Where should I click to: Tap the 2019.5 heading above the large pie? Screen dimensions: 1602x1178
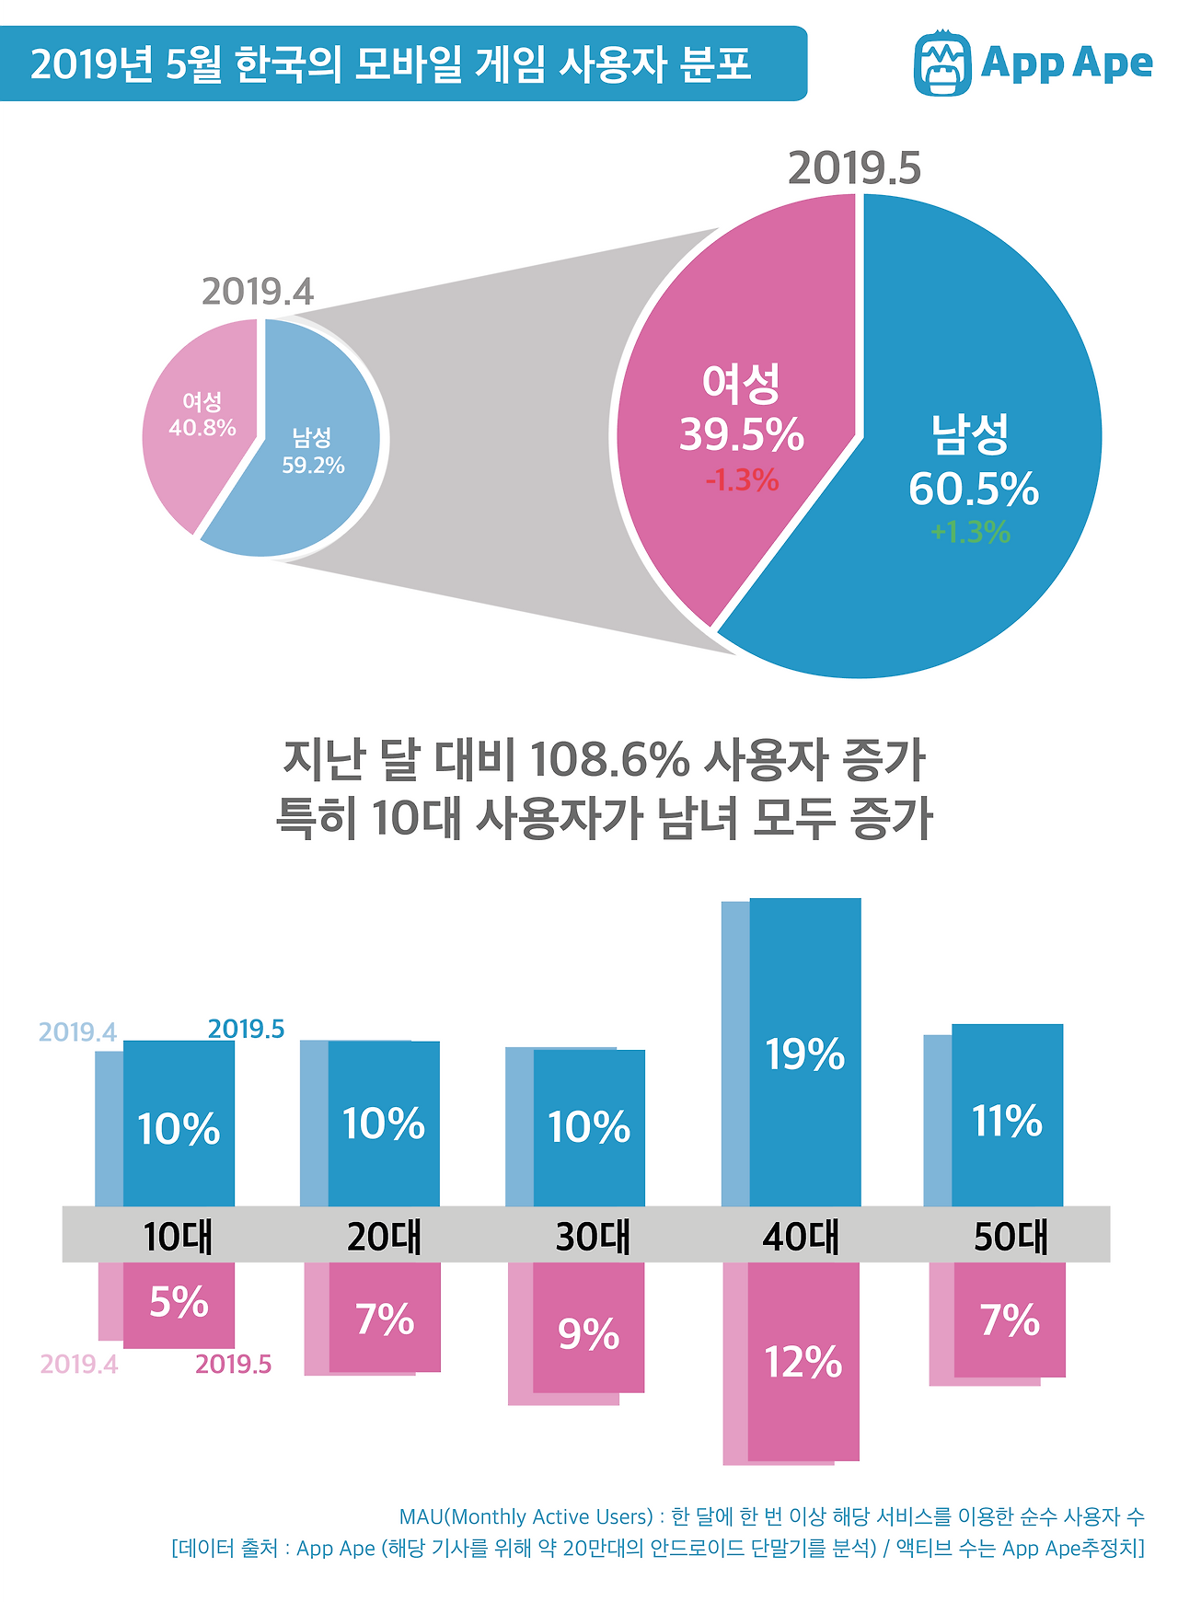coord(854,168)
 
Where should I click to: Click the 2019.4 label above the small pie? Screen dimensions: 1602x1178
coord(258,292)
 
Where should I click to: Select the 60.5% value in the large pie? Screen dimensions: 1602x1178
coord(973,489)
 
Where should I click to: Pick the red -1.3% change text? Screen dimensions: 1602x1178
coord(742,480)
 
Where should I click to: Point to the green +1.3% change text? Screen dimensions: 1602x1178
coord(970,532)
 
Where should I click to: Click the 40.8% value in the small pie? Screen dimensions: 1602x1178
coord(202,428)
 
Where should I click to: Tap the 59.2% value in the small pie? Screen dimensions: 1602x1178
coord(313,466)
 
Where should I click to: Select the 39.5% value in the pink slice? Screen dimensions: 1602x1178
coord(741,434)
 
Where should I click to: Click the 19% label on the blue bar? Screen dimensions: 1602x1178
coord(804,1055)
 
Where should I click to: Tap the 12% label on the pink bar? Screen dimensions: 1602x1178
coord(803,1362)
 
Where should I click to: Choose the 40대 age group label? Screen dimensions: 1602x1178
coord(801,1237)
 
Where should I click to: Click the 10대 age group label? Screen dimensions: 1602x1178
coord(178,1237)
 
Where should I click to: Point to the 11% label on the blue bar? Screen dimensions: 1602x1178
coord(1007,1121)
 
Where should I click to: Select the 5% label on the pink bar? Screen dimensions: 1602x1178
coord(179,1302)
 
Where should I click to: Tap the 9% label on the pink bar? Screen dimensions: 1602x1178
coord(588,1333)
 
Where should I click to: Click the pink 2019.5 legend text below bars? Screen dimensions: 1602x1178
coord(233,1364)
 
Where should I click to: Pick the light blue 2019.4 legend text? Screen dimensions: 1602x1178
coord(77,1032)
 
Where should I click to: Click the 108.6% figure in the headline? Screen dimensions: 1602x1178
coord(609,760)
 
